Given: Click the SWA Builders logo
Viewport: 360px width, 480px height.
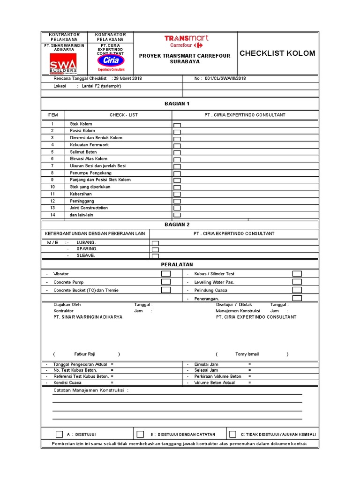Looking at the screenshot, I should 63,63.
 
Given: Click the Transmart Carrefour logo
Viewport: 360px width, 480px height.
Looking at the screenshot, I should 186,41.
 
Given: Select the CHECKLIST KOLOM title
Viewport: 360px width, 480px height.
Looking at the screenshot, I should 277,53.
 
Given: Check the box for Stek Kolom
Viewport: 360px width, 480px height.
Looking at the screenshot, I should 177,125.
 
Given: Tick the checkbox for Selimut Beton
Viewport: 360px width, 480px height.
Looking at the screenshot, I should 177,153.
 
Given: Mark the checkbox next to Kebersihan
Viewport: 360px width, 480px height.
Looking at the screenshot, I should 177,195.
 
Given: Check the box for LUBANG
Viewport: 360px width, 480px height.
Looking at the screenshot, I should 155,243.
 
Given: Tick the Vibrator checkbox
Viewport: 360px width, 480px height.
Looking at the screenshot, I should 166,274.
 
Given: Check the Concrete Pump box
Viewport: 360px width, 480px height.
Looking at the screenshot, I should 166,282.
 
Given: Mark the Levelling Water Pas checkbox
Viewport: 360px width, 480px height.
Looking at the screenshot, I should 297,282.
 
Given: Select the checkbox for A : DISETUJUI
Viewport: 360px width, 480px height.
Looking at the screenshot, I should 59,434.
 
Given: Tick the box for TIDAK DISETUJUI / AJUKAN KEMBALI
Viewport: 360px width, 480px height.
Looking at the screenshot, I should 232,434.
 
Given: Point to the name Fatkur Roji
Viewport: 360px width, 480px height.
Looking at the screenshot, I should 85,354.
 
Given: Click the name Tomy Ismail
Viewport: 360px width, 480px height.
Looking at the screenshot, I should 247,354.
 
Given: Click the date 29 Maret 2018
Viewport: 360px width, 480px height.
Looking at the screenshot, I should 127,78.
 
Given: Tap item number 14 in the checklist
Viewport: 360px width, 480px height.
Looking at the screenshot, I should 52,215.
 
